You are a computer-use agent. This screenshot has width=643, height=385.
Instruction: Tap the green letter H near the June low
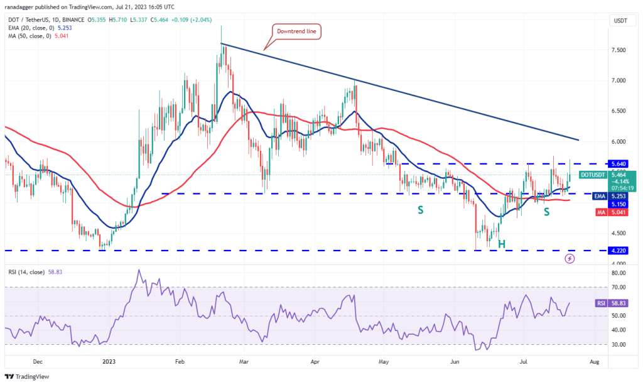502,243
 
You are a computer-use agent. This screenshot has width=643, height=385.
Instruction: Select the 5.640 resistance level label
619,163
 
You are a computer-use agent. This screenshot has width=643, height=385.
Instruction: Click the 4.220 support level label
619,250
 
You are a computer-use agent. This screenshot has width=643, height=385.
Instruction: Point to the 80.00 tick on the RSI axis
619,273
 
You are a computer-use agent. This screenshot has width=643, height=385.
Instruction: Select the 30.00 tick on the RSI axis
619,345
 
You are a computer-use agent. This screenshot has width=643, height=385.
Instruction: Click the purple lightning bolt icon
570,258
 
